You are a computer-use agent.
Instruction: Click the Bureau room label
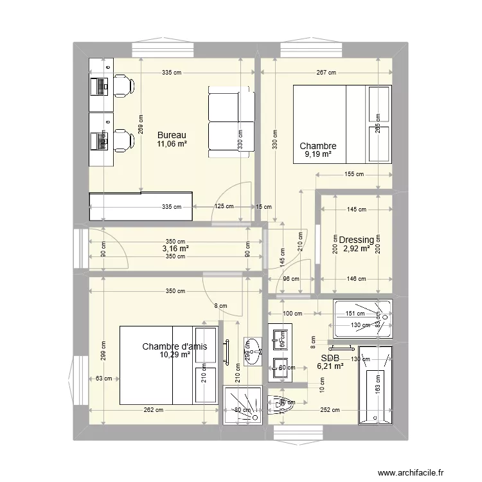[172, 135]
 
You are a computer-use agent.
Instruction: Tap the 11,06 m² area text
[172, 144]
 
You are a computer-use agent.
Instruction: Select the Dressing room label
[357, 240]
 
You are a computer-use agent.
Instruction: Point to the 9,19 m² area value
[317, 154]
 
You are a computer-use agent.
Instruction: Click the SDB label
[330, 357]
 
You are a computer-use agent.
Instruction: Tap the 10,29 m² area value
[175, 354]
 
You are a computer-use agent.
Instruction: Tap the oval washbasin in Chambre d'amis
[253, 348]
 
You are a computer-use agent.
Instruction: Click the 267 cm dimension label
[326, 73]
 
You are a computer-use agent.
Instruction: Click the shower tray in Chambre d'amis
[242, 405]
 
